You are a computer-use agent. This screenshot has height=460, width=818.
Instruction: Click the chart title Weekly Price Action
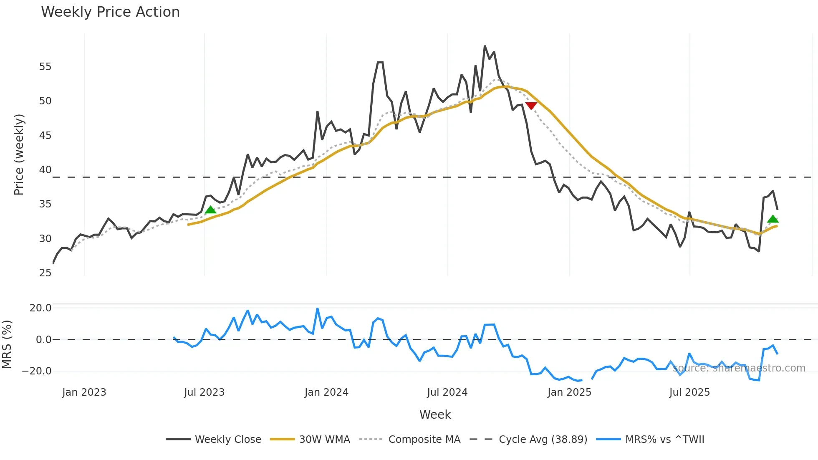(110, 12)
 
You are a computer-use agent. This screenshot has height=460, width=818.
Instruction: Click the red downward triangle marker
(531, 106)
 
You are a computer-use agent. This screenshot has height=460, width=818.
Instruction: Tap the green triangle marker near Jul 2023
(211, 210)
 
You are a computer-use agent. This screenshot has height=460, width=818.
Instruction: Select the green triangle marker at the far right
(773, 219)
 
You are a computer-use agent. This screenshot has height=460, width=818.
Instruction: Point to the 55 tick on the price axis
(45, 67)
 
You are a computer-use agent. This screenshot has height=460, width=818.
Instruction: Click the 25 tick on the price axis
(45, 273)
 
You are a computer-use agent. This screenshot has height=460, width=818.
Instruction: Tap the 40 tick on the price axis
(45, 170)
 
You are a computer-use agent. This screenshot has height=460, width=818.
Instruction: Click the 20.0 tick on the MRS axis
(40, 308)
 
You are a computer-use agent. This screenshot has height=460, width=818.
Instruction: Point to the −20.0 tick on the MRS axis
(37, 371)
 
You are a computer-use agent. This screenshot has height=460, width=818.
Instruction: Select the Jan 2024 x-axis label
(326, 392)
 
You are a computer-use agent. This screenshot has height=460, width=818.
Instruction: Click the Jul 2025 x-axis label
(689, 392)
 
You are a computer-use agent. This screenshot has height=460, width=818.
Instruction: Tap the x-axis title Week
(435, 415)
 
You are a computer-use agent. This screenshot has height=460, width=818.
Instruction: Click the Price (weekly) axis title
(19, 154)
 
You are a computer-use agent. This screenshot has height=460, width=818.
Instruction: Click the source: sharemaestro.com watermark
(739, 368)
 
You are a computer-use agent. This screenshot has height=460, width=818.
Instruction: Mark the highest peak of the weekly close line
(485, 46)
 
